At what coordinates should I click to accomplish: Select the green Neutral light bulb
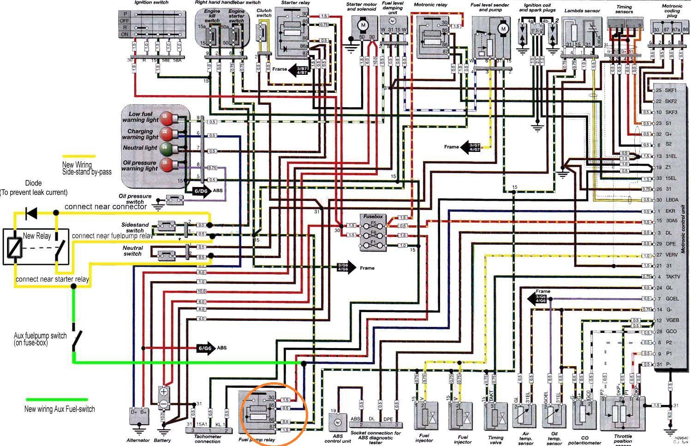pyautogui.click(x=165, y=149)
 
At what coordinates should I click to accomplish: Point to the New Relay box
pyautogui.click(x=36, y=247)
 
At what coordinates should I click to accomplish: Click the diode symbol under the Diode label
pyautogui.click(x=31, y=213)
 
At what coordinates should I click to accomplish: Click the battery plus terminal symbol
pyautogui.click(x=163, y=392)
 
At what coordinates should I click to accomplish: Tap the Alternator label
pyautogui.click(x=138, y=440)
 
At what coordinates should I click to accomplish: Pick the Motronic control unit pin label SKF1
pyautogui.click(x=671, y=90)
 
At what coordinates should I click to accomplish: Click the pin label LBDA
pyautogui.click(x=672, y=200)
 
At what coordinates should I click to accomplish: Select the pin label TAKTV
pyautogui.click(x=674, y=277)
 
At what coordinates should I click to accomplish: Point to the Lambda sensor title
pyautogui.click(x=582, y=11)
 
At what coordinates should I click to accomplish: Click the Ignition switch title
pyautogui.click(x=151, y=3)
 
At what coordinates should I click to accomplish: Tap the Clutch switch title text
pyautogui.click(x=264, y=13)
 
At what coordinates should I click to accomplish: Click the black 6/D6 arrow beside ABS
pyautogui.click(x=200, y=190)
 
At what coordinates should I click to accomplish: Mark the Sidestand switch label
pyautogui.click(x=135, y=227)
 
